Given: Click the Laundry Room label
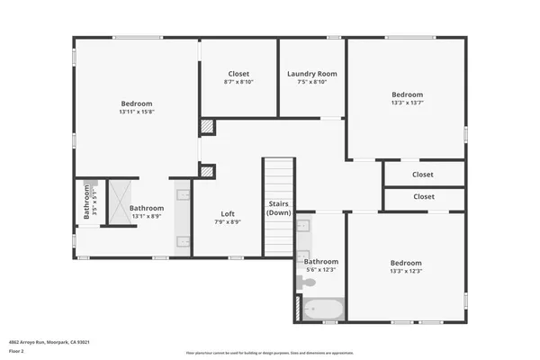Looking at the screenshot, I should [x=312, y=74].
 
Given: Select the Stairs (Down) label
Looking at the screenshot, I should [x=278, y=209].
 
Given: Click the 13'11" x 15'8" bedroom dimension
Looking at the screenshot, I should [x=137, y=112].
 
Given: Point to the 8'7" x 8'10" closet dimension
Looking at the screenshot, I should [x=238, y=83].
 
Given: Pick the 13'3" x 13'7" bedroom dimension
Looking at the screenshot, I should [x=407, y=103].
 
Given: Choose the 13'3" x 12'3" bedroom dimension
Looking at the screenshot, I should [x=407, y=270].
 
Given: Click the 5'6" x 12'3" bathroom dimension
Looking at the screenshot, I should [x=321, y=270].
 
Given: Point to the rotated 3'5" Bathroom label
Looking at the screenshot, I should [x=88, y=202].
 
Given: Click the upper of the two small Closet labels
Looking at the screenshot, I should [x=423, y=175].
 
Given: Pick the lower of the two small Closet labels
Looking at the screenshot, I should [x=423, y=197].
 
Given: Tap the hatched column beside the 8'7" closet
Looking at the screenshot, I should [x=207, y=127].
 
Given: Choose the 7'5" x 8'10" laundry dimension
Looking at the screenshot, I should [x=312, y=83].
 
